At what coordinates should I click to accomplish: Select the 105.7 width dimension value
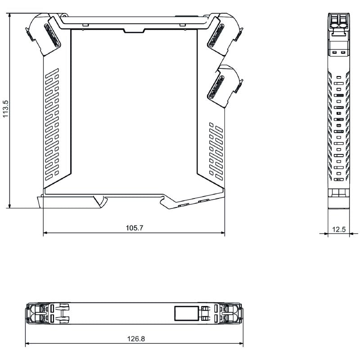(x=134, y=228)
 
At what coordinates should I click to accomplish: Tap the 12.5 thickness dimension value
(x=339, y=229)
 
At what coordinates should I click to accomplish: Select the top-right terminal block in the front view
(x=225, y=34)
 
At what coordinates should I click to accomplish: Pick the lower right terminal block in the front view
(x=225, y=85)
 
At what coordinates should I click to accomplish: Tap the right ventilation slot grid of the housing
(x=216, y=151)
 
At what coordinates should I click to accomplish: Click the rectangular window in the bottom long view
(x=187, y=313)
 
